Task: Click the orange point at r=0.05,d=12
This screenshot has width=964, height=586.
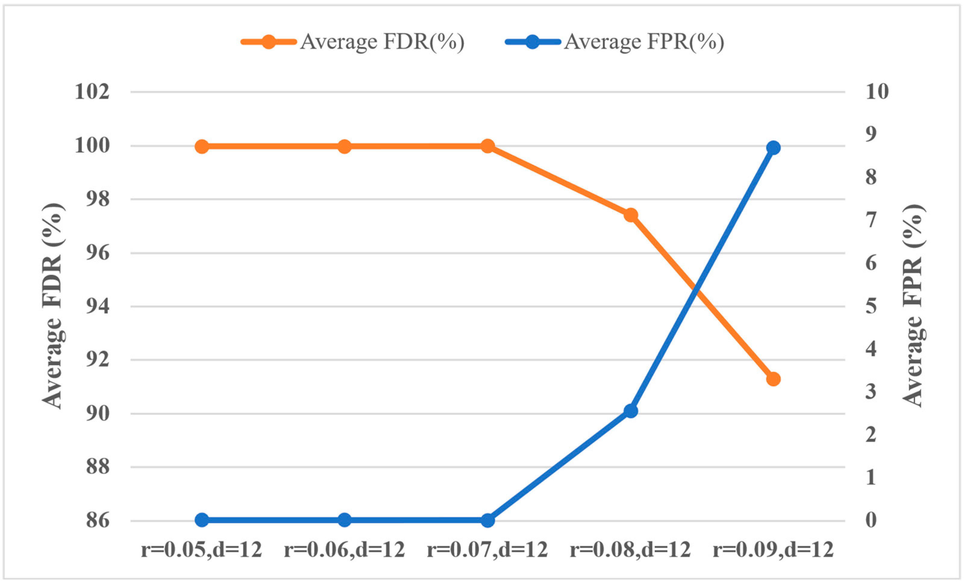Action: (x=202, y=147)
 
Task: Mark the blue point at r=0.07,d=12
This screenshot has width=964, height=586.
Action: (x=487, y=520)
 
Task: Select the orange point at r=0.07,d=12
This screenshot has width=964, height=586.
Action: (x=487, y=147)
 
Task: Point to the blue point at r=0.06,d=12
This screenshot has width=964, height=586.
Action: (x=344, y=520)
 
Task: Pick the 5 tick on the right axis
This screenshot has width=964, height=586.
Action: (x=871, y=306)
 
